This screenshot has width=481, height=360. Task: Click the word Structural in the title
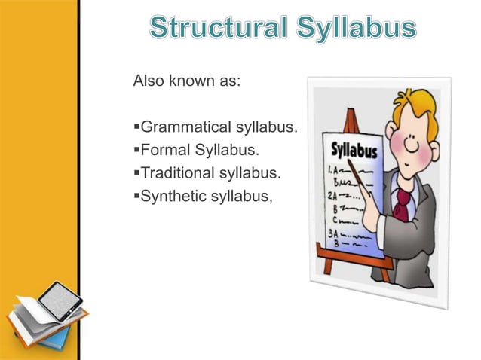click(x=214, y=29)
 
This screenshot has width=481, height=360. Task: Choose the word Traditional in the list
click(x=176, y=174)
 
